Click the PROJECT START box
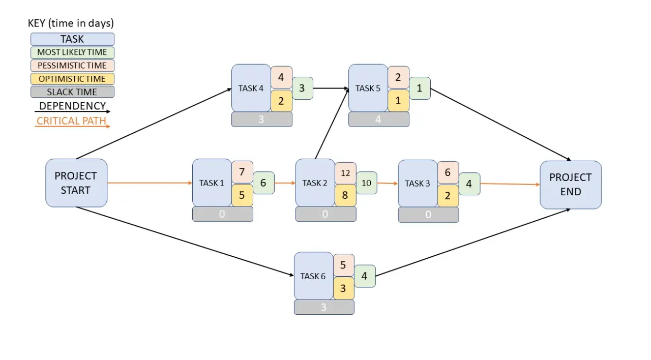[76, 183]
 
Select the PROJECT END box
[571, 185]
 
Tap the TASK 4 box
[251, 88]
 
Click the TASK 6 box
[313, 276]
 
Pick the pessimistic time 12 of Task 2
[345, 173]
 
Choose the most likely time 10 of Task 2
[367, 183]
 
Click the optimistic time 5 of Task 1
[242, 195]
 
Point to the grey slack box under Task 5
[378, 119]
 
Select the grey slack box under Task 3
[428, 215]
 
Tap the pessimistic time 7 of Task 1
[242, 172]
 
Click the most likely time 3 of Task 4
[302, 88]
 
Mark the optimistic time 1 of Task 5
[398, 101]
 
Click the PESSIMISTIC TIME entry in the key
[72, 66]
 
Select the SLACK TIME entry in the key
[72, 92]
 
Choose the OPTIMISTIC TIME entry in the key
[72, 79]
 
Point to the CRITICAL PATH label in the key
[72, 121]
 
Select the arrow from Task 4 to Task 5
[331, 88]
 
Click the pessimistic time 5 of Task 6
[343, 265]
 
